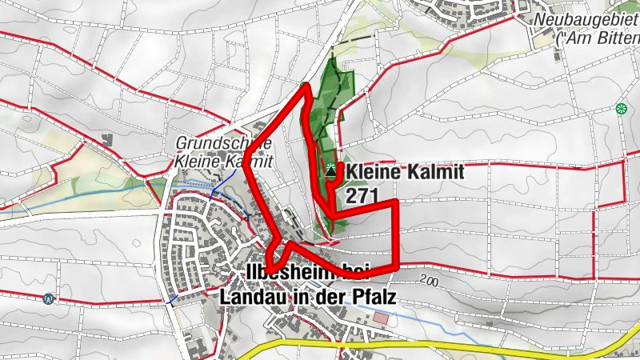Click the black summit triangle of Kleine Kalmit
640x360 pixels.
[331, 168]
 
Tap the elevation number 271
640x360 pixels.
[362, 194]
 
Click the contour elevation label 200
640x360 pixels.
[428, 282]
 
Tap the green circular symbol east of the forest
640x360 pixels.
[621, 108]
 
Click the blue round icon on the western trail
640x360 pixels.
[50, 299]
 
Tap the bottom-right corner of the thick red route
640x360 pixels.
[398, 265]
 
